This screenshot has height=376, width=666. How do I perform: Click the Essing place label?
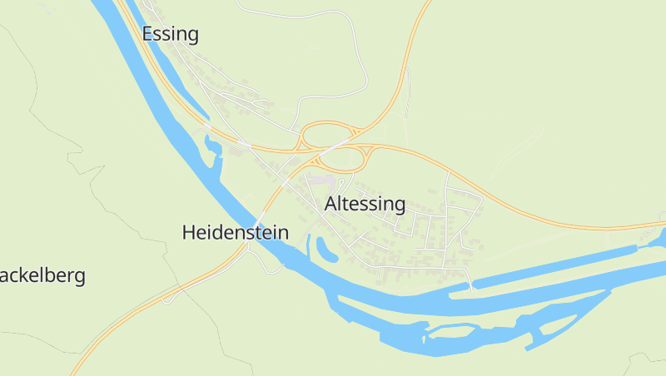click(171, 34)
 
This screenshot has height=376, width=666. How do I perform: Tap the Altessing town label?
click(365, 204)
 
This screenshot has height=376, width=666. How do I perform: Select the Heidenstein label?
click(235, 233)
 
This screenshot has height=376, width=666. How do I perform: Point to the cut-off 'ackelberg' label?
click(42, 275)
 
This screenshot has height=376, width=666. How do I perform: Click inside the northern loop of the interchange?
click(326, 134)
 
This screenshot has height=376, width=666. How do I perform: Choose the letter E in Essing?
click(148, 34)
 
